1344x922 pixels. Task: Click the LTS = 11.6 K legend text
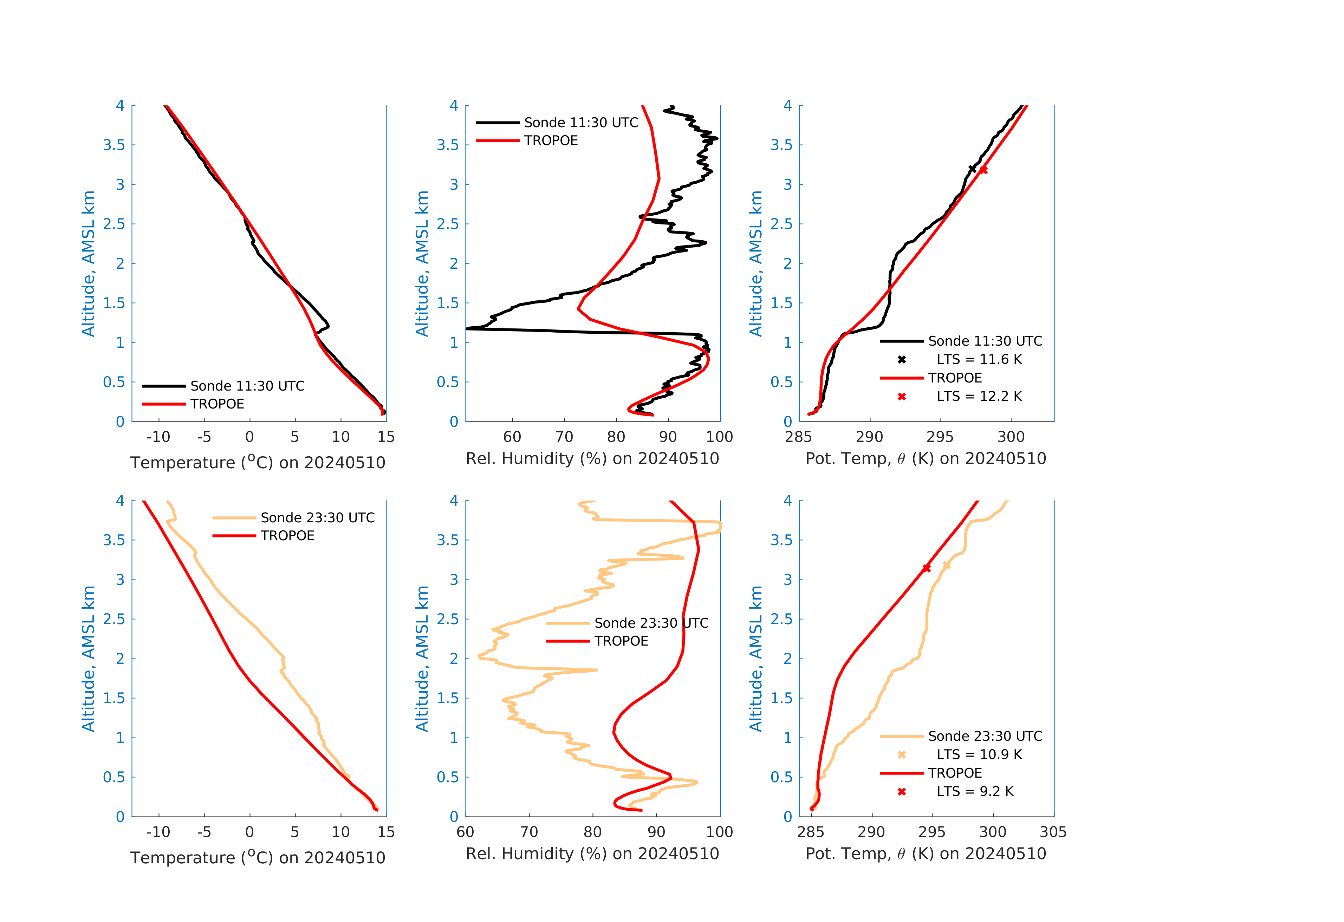pyautogui.click(x=979, y=360)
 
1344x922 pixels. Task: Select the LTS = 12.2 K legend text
pyautogui.click(x=979, y=397)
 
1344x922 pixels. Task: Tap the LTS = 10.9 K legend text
pyautogui.click(x=979, y=754)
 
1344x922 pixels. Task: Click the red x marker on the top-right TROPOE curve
pyautogui.click(x=983, y=170)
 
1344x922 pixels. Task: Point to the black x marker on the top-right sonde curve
pyautogui.click(x=972, y=169)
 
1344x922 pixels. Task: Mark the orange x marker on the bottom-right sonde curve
pyautogui.click(x=946, y=565)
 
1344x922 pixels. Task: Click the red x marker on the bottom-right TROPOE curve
pyautogui.click(x=927, y=568)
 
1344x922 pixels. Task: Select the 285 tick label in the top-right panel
pyautogui.click(x=799, y=437)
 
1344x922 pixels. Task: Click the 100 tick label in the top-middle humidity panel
pyautogui.click(x=719, y=437)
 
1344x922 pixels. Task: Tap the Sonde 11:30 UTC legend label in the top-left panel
pyautogui.click(x=247, y=386)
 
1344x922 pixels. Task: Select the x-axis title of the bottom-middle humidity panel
pyautogui.click(x=592, y=854)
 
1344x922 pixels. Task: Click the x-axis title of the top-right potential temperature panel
pyautogui.click(x=926, y=459)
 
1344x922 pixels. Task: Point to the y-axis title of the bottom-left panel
pyautogui.click(x=88, y=659)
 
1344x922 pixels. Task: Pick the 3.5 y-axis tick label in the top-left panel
pyautogui.click(x=114, y=145)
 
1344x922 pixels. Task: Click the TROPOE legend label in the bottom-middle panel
pyautogui.click(x=621, y=641)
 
